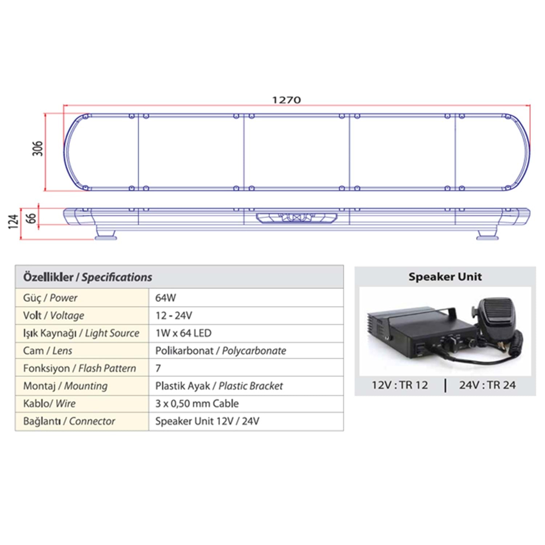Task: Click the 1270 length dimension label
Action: click(287, 100)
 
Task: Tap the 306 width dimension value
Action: click(37, 148)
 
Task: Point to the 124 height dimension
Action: click(13, 222)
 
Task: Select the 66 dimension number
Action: click(31, 218)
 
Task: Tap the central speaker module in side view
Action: click(296, 218)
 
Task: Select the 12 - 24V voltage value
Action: click(174, 315)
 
